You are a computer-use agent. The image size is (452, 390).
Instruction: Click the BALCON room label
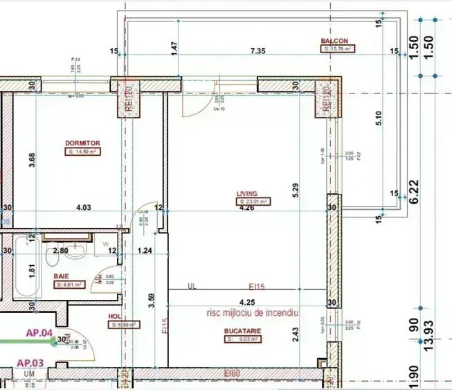(334, 41)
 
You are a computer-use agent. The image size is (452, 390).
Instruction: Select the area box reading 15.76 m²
(337, 49)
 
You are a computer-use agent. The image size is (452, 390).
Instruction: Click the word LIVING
(246, 194)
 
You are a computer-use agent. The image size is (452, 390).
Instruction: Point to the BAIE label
(61, 276)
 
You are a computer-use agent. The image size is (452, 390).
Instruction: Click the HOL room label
(114, 316)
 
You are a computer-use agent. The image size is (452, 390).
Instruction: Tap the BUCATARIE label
(242, 331)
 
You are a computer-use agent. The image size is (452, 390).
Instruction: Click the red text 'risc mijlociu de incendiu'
(251, 313)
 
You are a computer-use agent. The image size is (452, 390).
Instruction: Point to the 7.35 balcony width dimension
(257, 51)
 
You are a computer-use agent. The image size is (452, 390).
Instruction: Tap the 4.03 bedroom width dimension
(83, 207)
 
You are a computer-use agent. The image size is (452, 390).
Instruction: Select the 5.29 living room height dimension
(296, 187)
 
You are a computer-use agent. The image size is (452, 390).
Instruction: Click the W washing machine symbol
(106, 243)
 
